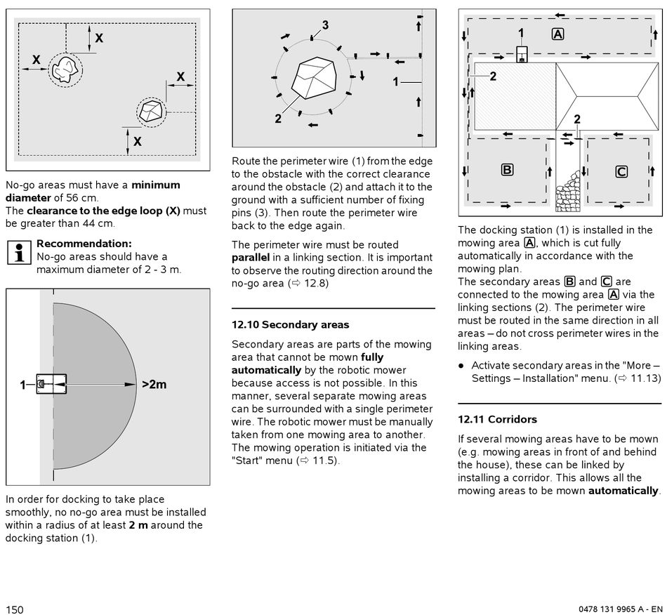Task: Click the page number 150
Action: click(x=15, y=609)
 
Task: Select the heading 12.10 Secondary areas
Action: click(x=290, y=325)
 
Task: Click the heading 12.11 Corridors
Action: click(x=497, y=420)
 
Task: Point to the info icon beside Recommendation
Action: click(x=18, y=251)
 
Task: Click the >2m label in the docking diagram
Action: click(x=154, y=384)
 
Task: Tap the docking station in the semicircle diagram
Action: click(x=51, y=384)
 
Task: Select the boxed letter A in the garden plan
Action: click(x=557, y=34)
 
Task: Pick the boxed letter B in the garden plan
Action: click(x=506, y=169)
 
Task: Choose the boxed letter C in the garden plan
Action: click(x=621, y=171)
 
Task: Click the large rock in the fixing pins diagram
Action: click(x=313, y=79)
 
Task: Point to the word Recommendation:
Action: click(x=84, y=244)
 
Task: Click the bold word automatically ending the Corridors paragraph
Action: click(x=623, y=491)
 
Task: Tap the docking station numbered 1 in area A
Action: click(x=522, y=54)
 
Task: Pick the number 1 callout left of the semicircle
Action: click(x=23, y=385)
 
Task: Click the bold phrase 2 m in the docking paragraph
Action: click(x=138, y=525)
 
